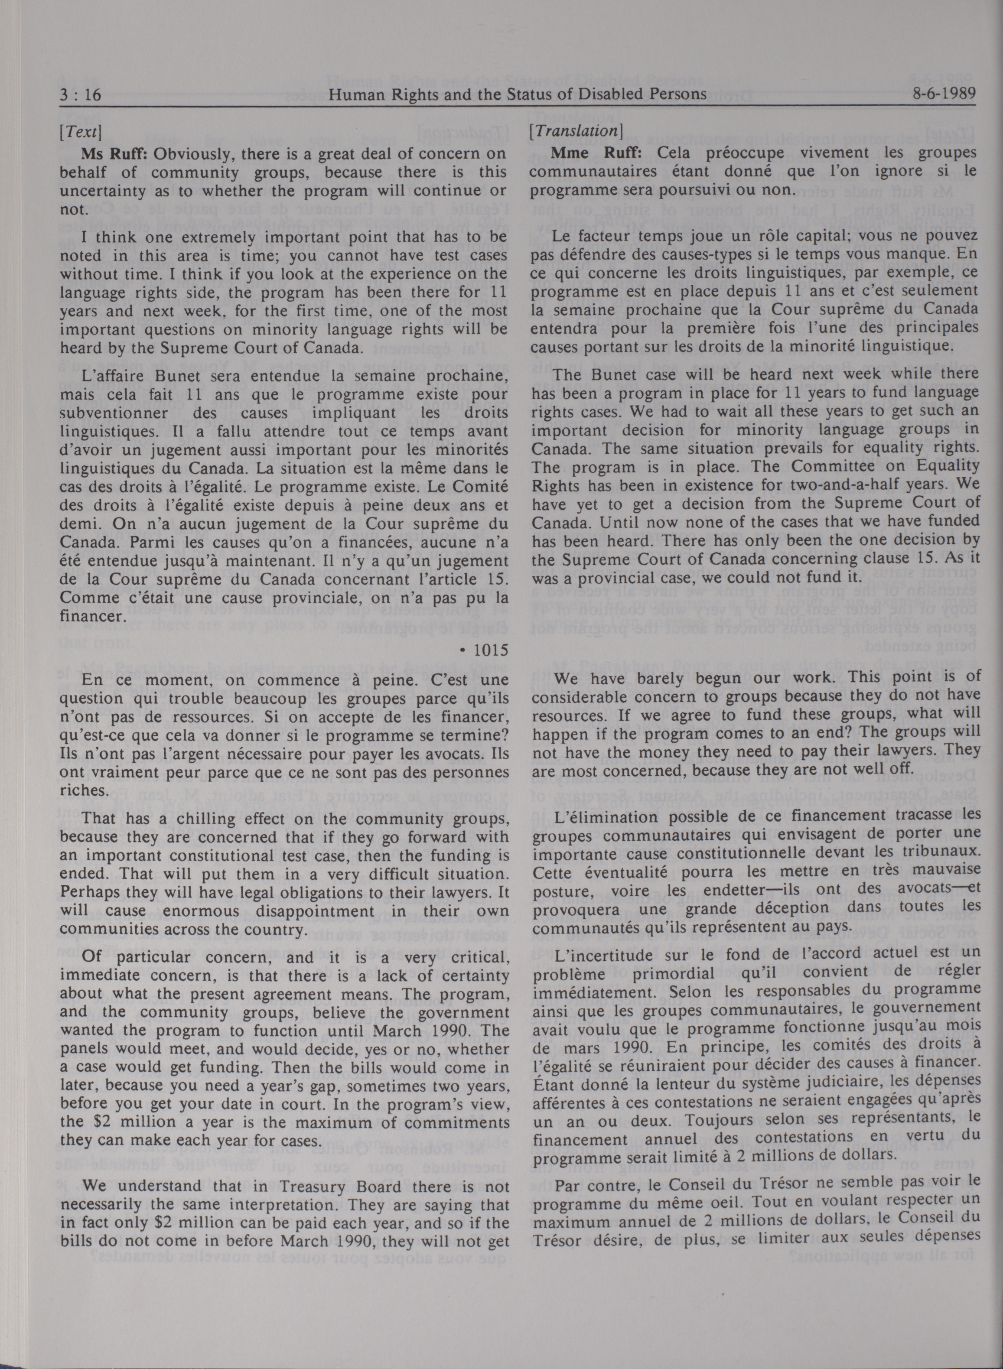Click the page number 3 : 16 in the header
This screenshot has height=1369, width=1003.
80,94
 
